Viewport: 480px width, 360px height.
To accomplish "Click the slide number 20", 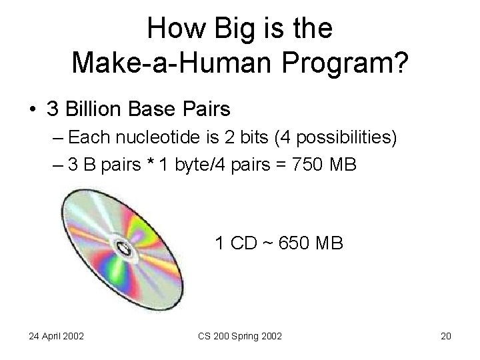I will point(446,335).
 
